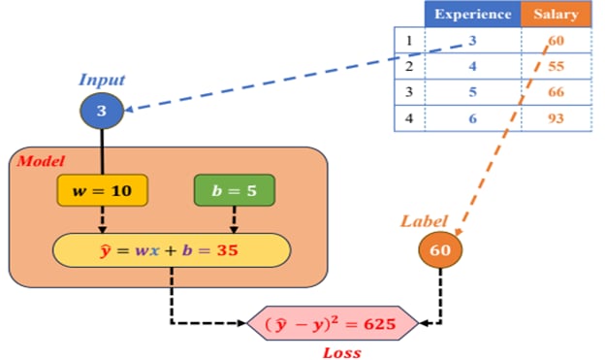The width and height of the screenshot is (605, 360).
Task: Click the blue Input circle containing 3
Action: point(101,112)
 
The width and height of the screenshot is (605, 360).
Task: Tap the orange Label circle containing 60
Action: point(440,250)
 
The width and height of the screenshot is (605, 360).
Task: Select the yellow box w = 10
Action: point(102,191)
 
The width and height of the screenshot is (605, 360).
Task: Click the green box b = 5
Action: point(234,191)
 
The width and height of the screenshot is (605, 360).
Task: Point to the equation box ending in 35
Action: point(172,250)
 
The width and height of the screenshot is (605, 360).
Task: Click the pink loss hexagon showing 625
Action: point(331,324)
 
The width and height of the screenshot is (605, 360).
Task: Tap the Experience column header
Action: point(472,15)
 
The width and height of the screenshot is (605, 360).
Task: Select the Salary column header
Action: point(556,15)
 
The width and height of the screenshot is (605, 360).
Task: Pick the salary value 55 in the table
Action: point(556,67)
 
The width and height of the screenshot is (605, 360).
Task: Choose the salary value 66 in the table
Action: point(556,92)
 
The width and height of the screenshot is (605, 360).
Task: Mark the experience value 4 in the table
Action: point(472,67)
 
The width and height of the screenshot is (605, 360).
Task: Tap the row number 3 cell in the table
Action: point(408,92)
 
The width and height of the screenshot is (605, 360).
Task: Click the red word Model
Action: point(40,160)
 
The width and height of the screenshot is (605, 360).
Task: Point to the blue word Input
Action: point(101,80)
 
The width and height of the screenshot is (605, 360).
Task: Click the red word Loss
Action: point(340,351)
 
